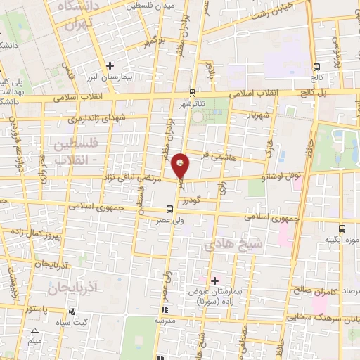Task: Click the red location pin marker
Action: tap(181, 165)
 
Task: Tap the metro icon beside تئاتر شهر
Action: tap(193, 92)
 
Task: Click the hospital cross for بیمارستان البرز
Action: tap(110, 66)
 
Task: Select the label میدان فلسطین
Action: tap(149, 6)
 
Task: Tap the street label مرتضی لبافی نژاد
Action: tap(132, 179)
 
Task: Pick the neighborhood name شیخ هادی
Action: tap(232, 245)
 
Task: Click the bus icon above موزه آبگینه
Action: tap(342, 229)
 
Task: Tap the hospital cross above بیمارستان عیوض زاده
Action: tap(215, 281)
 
